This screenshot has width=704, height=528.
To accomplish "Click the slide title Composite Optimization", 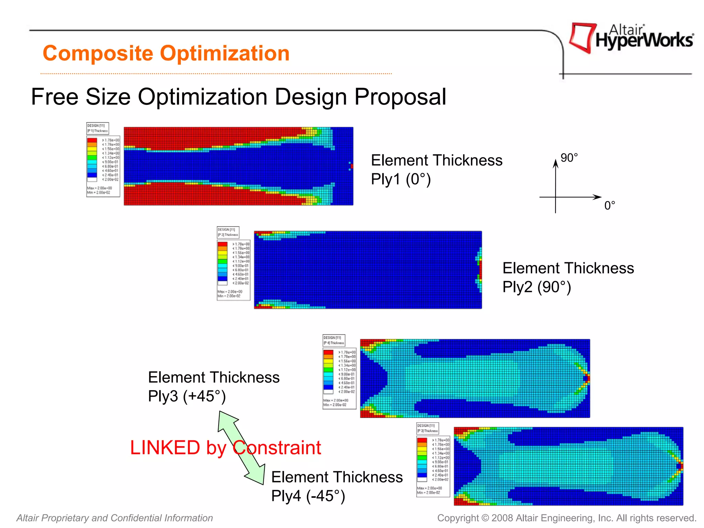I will click(166, 54).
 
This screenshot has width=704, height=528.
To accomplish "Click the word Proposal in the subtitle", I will click(400, 97).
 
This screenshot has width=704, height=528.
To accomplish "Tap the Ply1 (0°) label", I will click(401, 179).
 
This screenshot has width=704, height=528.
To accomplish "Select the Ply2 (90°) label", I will click(537, 287).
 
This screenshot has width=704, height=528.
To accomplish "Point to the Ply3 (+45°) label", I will click(187, 396).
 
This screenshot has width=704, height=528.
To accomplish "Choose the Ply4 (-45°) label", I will click(308, 496).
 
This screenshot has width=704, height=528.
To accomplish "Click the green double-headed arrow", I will click(242, 447).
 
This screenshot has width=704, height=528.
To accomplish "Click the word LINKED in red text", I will click(165, 448).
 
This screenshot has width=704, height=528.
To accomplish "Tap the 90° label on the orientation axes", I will click(569, 158).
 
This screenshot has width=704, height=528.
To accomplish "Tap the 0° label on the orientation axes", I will click(609, 206).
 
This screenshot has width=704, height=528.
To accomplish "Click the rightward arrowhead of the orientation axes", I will click(597, 197).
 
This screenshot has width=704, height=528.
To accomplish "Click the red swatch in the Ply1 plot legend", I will click(92, 140).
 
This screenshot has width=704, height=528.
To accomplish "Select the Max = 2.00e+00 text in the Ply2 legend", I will click(230, 291).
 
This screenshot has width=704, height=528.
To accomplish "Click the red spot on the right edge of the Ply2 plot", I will click(480, 270).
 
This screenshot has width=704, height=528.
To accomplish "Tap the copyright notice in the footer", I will click(566, 518).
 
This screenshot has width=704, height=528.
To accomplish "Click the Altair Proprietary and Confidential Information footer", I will click(115, 518).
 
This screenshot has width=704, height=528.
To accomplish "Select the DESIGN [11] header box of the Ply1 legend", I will click(98, 128).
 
